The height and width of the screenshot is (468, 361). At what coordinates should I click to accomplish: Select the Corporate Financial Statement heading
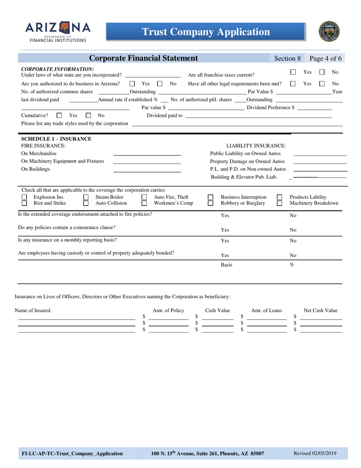tap(143, 58)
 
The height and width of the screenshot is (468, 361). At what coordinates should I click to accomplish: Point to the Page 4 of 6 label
tap(325, 59)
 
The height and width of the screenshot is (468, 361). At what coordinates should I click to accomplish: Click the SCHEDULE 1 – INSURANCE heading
tap(56, 138)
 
